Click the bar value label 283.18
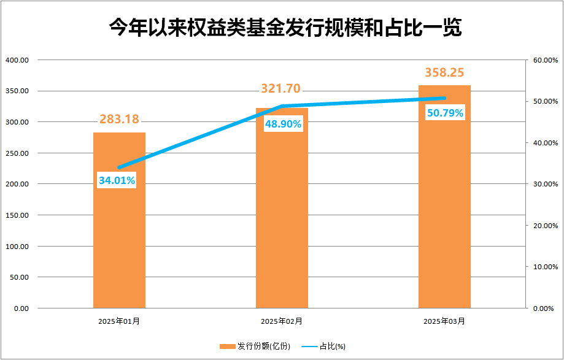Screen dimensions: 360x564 (x=119, y=119)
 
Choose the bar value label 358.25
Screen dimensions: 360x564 (x=444, y=72)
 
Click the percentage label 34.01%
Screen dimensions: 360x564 (x=117, y=180)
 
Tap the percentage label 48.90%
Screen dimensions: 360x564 (x=283, y=124)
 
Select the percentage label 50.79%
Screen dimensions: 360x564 (x=445, y=113)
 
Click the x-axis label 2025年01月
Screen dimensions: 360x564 (x=118, y=321)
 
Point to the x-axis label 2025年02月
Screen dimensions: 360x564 (x=281, y=321)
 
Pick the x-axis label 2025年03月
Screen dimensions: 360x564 (x=444, y=321)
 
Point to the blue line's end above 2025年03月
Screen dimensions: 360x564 (x=444, y=98)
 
